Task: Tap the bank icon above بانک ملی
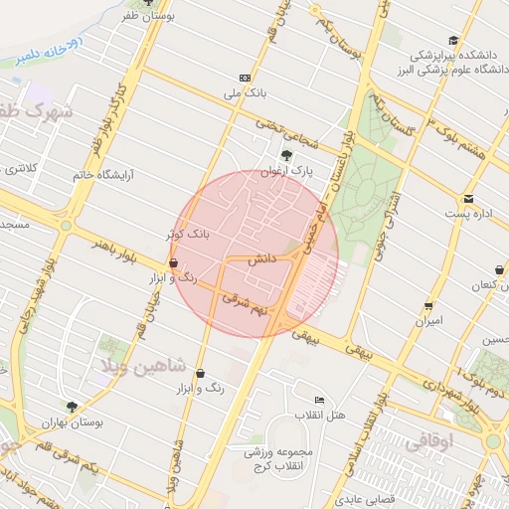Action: pos(246,78)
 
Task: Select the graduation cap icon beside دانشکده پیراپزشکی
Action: pos(454,41)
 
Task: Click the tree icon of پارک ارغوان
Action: pos(286,154)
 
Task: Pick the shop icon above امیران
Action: pos(428,305)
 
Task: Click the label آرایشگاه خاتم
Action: pos(102,175)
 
